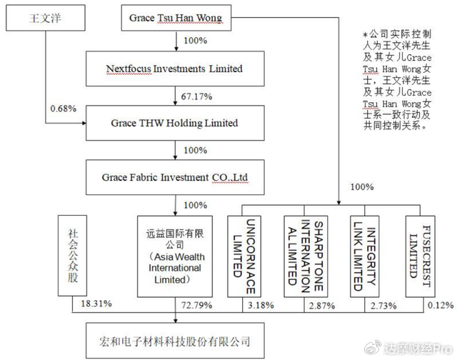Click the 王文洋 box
click(46, 18)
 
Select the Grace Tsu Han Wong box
click(176, 18)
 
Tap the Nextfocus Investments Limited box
click(175, 69)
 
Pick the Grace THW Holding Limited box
click(175, 123)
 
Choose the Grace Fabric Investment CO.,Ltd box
click(175, 177)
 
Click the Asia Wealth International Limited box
click(175, 256)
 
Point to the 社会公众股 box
click(73, 256)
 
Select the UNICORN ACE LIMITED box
click(244, 256)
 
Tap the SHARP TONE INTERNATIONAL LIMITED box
click(306, 256)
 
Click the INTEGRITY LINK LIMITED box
click(365, 256)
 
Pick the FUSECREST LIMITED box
click(421, 256)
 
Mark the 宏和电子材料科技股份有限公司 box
click(175, 341)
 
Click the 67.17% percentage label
click(197, 96)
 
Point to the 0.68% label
click(64, 109)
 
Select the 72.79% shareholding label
click(197, 305)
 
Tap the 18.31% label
click(96, 304)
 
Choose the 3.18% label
click(261, 306)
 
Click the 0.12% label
click(441, 305)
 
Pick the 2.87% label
click(322, 306)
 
